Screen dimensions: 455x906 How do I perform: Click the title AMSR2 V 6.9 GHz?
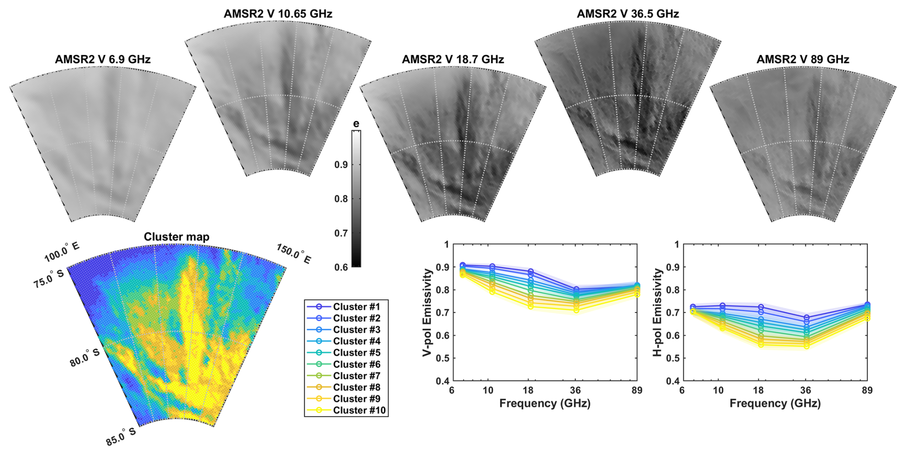[x=102, y=59]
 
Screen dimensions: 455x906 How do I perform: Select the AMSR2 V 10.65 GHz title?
[x=278, y=14]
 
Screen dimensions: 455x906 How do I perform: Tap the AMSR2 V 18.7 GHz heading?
[x=453, y=59]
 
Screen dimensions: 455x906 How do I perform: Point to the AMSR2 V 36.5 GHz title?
[x=627, y=14]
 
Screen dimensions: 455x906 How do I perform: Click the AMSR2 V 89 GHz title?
[x=803, y=59]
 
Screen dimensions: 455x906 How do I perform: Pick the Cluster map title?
[x=176, y=237]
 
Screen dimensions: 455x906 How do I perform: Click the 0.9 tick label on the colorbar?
[x=341, y=165]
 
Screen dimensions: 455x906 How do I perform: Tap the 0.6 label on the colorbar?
[x=341, y=267]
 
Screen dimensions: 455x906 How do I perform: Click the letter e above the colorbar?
[x=356, y=124]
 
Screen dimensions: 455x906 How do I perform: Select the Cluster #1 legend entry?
[x=356, y=307]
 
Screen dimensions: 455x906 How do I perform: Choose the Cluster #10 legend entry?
[x=359, y=410]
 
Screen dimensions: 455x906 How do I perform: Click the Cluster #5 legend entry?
[x=356, y=353]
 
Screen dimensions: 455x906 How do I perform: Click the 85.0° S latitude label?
[x=121, y=437]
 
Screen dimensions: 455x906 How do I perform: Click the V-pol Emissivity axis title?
[x=428, y=312]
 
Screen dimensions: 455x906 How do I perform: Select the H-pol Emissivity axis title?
[x=658, y=312]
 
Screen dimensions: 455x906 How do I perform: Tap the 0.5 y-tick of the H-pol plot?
[x=674, y=358]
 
